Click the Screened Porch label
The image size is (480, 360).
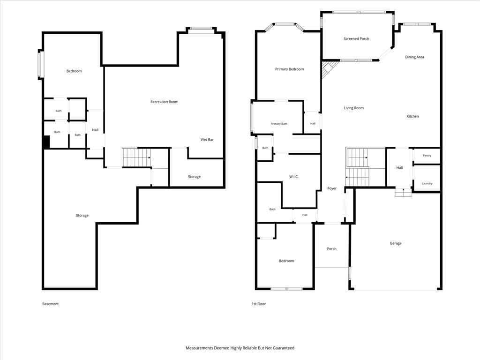pyautogui.click(x=356, y=39)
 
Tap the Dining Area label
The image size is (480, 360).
pyautogui.click(x=414, y=57)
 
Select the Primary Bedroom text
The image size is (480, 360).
pyautogui.click(x=289, y=69)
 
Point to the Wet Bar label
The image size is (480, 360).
pyautogui.click(x=207, y=140)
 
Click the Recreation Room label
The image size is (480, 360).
pyautogui.click(x=164, y=102)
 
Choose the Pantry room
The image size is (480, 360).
pyautogui.click(x=427, y=156)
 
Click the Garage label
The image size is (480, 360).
pyautogui.click(x=396, y=243)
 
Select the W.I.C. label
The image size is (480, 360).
pyautogui.click(x=293, y=177)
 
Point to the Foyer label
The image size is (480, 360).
pyautogui.click(x=332, y=188)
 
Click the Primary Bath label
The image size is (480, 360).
pyautogui.click(x=279, y=124)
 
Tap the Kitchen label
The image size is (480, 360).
pyautogui.click(x=412, y=116)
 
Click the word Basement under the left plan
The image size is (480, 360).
pyautogui.click(x=50, y=304)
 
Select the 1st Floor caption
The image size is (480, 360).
pyautogui.click(x=259, y=304)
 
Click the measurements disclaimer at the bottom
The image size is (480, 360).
pyautogui.click(x=240, y=348)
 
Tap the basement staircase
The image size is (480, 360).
pyautogui.click(x=136, y=157)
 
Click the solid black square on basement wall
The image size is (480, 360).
pyautogui.click(x=46, y=142)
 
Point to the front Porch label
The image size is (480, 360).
pyautogui.click(x=331, y=249)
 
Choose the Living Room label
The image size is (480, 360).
pyautogui.click(x=353, y=108)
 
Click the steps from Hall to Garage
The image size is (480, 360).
pyautogui.click(x=403, y=192)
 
